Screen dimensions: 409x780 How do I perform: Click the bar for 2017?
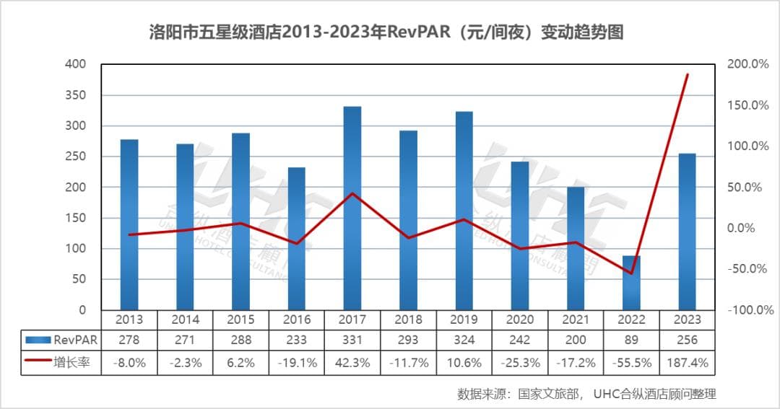[352, 208]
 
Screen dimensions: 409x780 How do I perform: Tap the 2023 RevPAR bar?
[687, 232]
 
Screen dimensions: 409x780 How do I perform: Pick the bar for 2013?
[129, 224]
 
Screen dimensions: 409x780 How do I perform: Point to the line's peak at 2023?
[687, 74]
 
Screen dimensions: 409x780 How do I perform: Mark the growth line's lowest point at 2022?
[631, 273]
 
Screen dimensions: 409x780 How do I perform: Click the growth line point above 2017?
[352, 193]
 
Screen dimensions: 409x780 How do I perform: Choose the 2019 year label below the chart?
[464, 320]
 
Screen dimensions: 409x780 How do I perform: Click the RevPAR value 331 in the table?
[352, 340]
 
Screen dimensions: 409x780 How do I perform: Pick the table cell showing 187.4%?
[687, 363]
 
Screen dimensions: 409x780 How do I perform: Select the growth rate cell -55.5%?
[631, 363]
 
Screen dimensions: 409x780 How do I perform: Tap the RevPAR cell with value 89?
[631, 340]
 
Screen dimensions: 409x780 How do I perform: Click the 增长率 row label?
[72, 363]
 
